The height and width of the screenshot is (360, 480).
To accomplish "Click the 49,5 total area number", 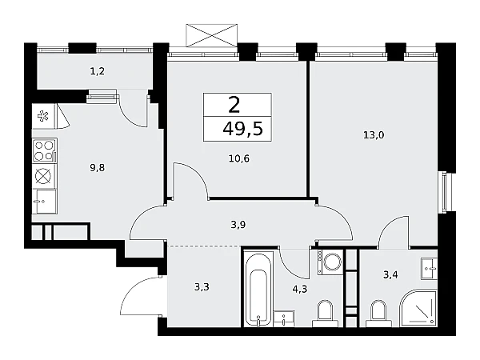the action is coord(242,129).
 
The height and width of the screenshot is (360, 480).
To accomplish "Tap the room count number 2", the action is coord(234,105).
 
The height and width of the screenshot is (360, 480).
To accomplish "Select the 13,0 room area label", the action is coord(374,135).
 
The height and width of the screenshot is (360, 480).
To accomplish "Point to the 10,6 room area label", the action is coord(239,158).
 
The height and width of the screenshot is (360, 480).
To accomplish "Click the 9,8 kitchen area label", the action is coord(98,168).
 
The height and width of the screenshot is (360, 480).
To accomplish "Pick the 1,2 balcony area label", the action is coord(98,71).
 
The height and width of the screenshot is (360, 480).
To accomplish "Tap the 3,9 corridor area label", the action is coord(238,225).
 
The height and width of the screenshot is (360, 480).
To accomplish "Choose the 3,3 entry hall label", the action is coord(202,287).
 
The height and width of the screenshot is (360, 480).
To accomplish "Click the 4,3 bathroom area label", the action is coord(300,289).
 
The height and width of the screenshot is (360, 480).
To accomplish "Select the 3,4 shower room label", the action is coord(390,274).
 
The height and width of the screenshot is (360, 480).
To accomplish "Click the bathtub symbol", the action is coord(258,289).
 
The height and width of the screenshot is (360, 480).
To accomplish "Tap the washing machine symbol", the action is coord(330,262).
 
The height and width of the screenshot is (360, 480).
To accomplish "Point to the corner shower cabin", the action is coord(418,308).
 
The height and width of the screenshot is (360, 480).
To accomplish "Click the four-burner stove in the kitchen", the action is coord(45,150).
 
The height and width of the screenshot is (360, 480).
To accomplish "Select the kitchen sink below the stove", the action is coord(45,201).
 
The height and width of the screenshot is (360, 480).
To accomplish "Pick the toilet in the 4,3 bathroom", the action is coord(325,313).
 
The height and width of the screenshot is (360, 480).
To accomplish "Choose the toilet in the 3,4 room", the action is coord(378,313).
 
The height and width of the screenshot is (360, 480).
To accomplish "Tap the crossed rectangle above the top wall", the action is coord(212,35).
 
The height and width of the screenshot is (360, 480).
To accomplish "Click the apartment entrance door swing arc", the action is coord(126,292).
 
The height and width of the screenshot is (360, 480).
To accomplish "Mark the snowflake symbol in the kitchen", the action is coord(42,116).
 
